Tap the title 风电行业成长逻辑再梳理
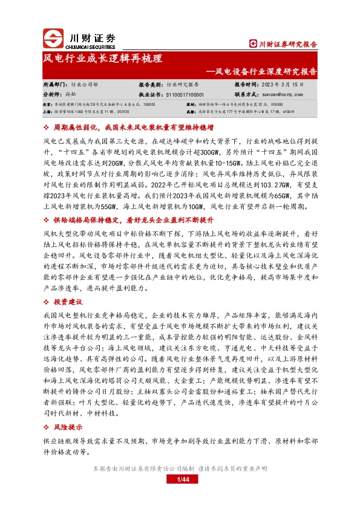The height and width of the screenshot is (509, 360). coord(102,59)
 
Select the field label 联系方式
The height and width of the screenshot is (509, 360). coord(246,94)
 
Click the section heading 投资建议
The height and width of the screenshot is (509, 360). coord(67,301)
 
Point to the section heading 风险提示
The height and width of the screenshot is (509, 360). coord(67,427)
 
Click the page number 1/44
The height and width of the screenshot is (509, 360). coord(180,479)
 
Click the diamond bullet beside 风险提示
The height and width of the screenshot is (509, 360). coord(48,427)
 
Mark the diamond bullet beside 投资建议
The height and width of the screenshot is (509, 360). coord(48,301)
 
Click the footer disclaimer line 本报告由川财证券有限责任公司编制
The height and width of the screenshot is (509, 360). coord(180,468)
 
